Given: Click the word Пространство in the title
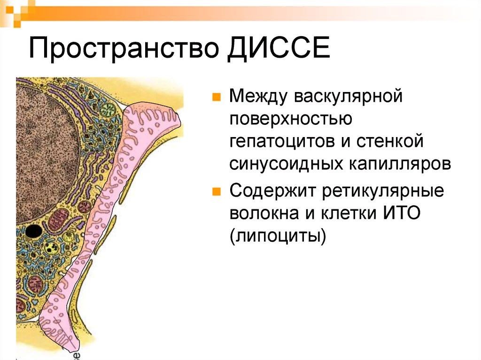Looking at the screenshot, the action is tap(124, 48).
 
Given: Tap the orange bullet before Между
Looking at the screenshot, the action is tap(217, 97).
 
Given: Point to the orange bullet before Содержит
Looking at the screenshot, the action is tap(217, 191).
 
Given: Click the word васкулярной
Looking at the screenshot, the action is tap(348, 96).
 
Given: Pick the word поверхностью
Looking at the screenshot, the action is tap(291, 118).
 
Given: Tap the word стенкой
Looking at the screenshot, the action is tap(389, 141).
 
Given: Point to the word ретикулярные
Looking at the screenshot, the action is tap(383, 191).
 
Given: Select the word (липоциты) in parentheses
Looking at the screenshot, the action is tap(278, 237).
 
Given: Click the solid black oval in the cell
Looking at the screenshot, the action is tap(33, 231).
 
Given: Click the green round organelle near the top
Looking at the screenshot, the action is tap(108, 109).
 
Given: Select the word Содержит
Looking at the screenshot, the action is tap(273, 191).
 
